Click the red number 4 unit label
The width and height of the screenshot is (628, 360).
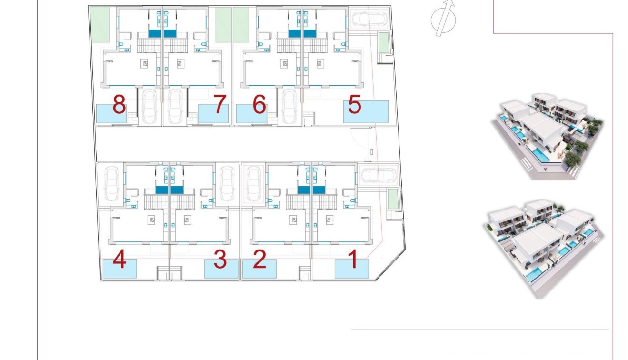pyautogui.click(x=120, y=260)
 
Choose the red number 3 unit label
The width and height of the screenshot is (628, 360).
pyautogui.click(x=219, y=260)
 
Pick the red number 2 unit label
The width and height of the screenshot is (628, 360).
pyautogui.click(x=259, y=260)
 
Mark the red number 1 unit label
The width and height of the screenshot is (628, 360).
pyautogui.click(x=353, y=260)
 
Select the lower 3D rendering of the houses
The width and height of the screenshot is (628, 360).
pyautogui.click(x=543, y=248)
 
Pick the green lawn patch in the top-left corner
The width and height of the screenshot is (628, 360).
pyautogui.click(x=100, y=24)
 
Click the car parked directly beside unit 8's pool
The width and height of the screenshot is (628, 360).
pyautogui.click(x=150, y=105)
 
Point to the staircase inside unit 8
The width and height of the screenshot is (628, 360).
pyautogui.click(x=150, y=45)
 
